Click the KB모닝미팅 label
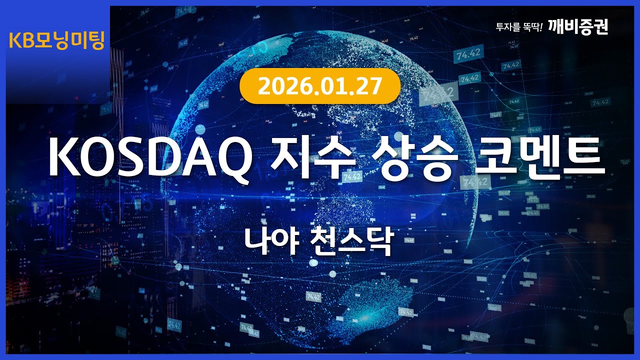(x=56, y=41)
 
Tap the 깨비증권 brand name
(x=578, y=26)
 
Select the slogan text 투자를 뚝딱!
(x=519, y=27)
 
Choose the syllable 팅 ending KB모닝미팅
(x=95, y=41)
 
